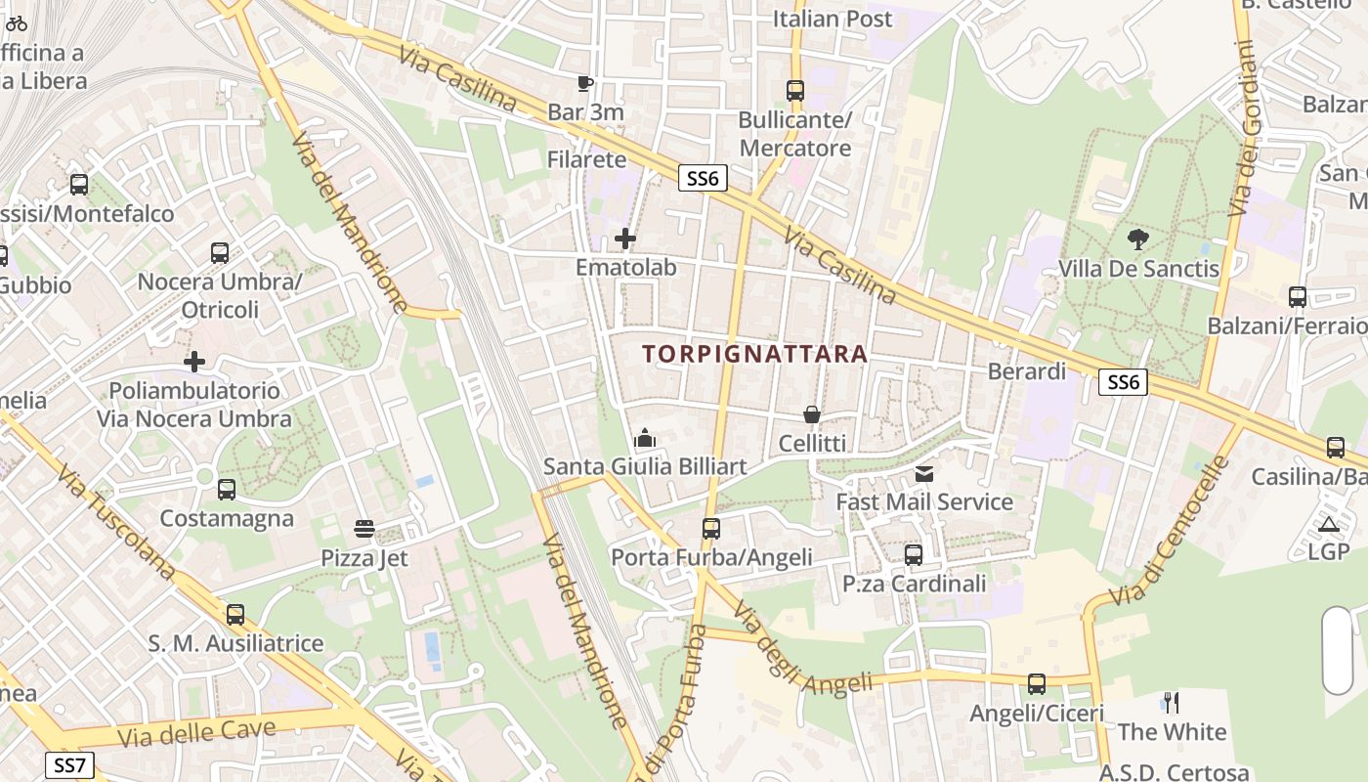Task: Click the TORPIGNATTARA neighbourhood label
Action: [755, 354]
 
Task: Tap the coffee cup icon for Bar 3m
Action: [585, 83]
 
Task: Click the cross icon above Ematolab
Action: [625, 239]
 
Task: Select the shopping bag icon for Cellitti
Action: [812, 414]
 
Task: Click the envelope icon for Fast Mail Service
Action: [923, 474]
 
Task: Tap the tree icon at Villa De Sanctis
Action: [1138, 239]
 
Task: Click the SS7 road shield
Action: [70, 764]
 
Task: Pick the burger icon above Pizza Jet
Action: [364, 530]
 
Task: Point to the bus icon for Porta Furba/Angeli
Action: [711, 529]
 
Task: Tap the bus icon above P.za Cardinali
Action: [914, 555]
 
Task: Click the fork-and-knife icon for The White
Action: [1172, 702]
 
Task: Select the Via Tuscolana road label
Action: [114, 521]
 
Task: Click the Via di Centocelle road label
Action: [1169, 533]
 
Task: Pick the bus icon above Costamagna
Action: [227, 490]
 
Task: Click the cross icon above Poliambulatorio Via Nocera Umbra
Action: [194, 362]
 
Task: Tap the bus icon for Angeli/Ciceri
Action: [1037, 684]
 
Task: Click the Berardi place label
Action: [1027, 371]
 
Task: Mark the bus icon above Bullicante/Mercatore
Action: [795, 91]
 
